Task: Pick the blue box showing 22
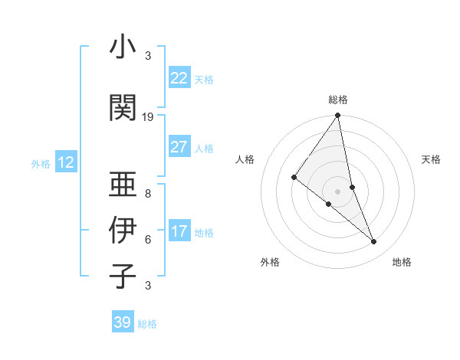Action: (x=179, y=78)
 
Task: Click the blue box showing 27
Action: (x=179, y=147)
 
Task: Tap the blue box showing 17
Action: (x=179, y=231)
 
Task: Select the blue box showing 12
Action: (x=65, y=162)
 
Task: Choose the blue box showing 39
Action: (x=123, y=322)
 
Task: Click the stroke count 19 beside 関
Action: (x=148, y=117)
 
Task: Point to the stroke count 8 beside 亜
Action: (x=148, y=195)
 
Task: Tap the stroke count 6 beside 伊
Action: (x=148, y=240)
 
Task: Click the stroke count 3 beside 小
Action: (x=148, y=56)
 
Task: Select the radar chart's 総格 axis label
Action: (x=338, y=100)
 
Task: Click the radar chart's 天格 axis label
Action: (x=431, y=159)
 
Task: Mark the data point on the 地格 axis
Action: (x=374, y=241)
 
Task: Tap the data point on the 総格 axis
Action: (x=338, y=116)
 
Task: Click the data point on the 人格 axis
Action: (x=294, y=177)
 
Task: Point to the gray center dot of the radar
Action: (x=338, y=191)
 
